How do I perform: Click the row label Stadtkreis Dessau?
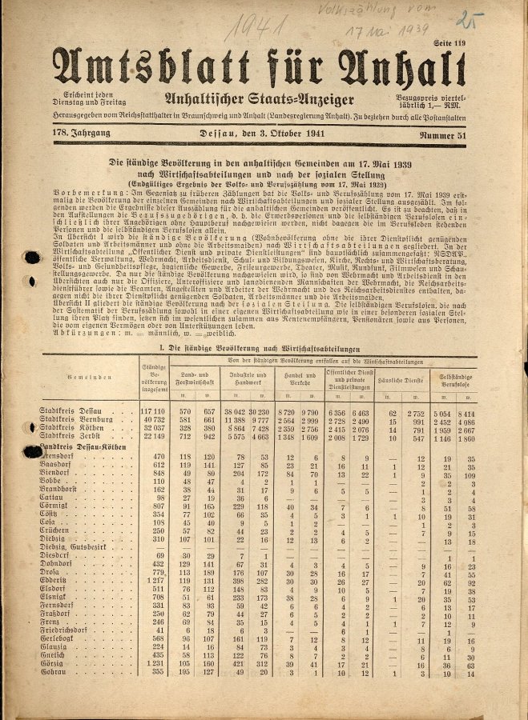[75, 411]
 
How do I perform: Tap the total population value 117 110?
[152, 411]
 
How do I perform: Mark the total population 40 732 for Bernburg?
[152, 420]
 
